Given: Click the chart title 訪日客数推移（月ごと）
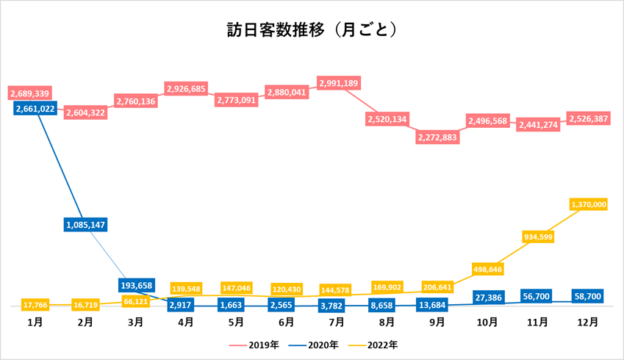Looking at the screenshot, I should [312, 29].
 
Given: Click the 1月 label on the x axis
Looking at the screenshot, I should [35, 322].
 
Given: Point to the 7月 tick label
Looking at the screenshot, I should [337, 322].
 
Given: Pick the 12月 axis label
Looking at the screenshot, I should [587, 322].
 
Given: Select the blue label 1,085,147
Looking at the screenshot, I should [85, 224].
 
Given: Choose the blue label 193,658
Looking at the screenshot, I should [135, 285].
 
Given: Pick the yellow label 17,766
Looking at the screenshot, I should [35, 305].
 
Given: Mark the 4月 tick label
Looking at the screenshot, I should [186, 322].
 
